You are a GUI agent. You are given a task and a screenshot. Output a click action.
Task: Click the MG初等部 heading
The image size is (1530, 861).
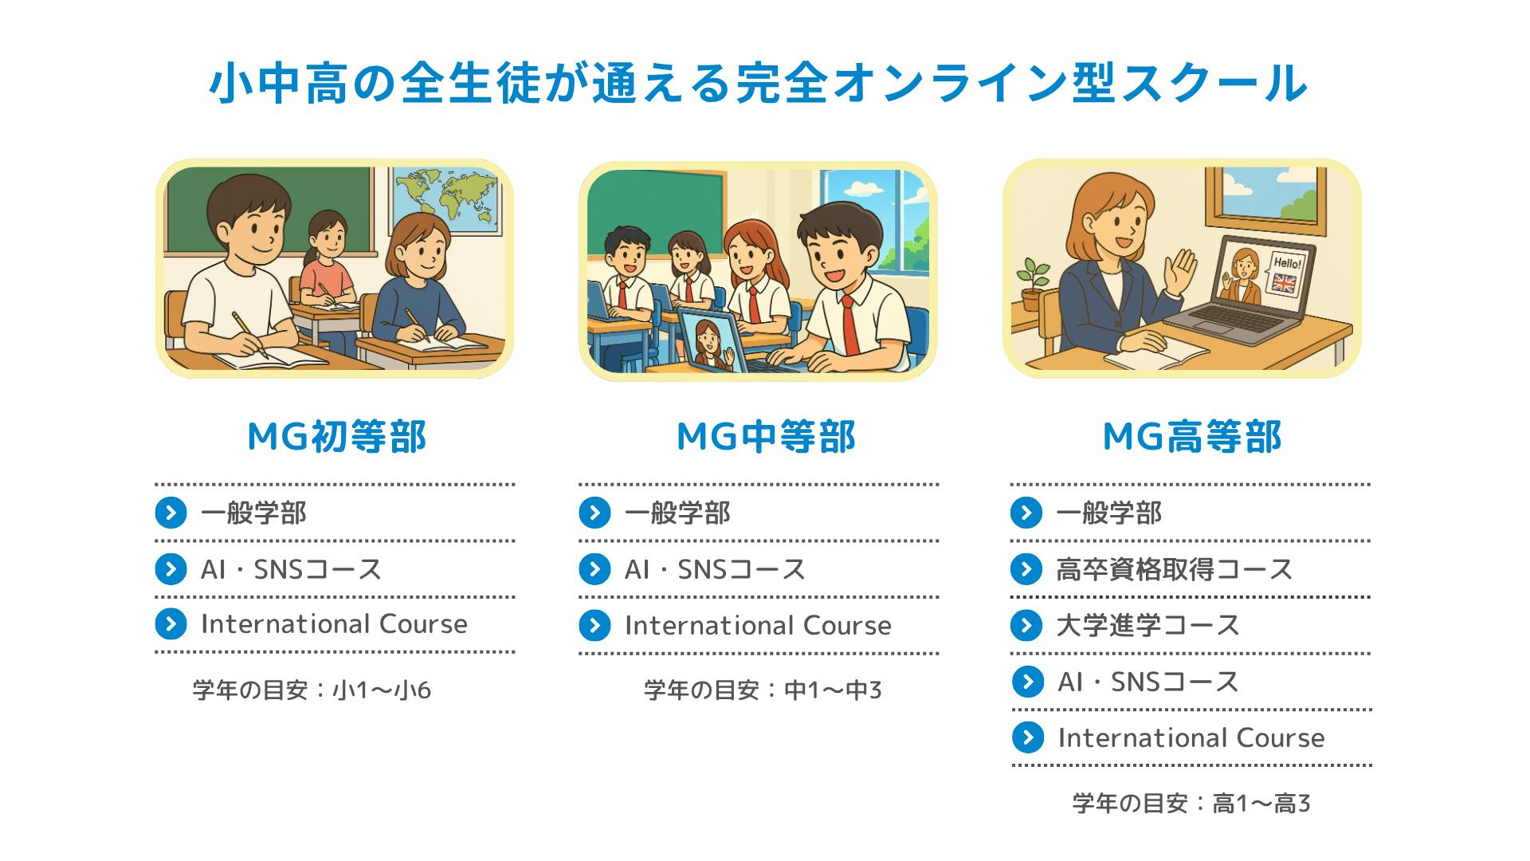pyautogui.click(x=337, y=437)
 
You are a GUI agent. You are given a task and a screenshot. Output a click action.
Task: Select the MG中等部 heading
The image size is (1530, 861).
pyautogui.click(x=765, y=437)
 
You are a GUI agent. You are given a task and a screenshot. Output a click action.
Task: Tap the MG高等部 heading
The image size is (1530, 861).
pyautogui.click(x=1191, y=437)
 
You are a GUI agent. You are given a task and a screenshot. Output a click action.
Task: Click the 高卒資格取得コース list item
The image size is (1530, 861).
pyautogui.click(x=1174, y=569)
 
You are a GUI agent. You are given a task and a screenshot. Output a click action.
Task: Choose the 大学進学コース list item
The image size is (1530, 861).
pyautogui.click(x=1147, y=625)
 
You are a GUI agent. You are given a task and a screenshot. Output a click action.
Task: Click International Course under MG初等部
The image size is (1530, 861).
pyautogui.click(x=334, y=624)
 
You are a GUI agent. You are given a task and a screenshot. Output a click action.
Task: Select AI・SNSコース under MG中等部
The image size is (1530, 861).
pyautogui.click(x=715, y=569)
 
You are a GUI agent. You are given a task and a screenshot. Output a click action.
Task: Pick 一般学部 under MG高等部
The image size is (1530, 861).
pyautogui.click(x=1108, y=513)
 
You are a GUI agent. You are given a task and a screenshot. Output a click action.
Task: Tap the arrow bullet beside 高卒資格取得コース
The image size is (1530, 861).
pyautogui.click(x=1026, y=569)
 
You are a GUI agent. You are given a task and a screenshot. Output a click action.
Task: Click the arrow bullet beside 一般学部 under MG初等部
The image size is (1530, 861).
pyautogui.click(x=171, y=513)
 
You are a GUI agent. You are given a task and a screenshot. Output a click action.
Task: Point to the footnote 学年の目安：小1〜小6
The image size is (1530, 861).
pyautogui.click(x=312, y=690)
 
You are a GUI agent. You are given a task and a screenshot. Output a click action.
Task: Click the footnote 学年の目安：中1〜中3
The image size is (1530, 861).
pyautogui.click(x=763, y=690)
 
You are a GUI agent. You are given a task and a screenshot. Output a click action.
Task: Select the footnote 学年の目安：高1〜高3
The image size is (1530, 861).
pyautogui.click(x=1191, y=803)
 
